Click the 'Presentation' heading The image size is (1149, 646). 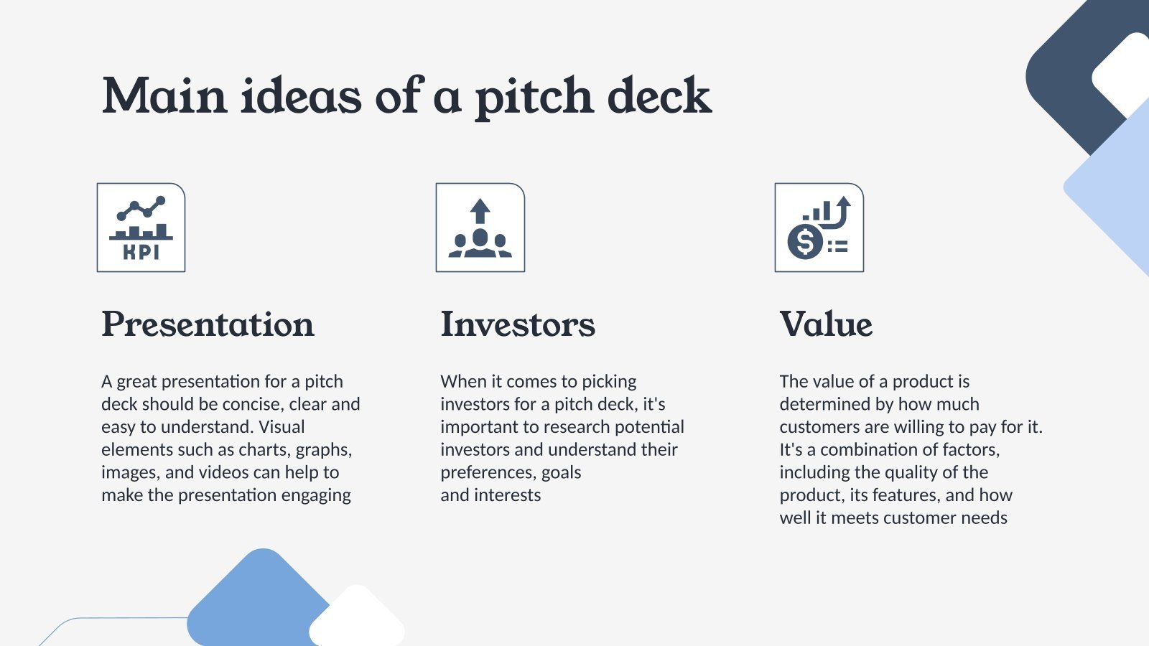pyautogui.click(x=208, y=324)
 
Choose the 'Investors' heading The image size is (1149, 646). pyautogui.click(x=518, y=324)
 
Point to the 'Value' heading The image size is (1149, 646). pyautogui.click(x=826, y=324)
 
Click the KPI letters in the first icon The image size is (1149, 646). pyautogui.click(x=141, y=252)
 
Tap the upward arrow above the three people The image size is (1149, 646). pyautogui.click(x=480, y=212)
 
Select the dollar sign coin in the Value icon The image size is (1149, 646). pyautogui.click(x=805, y=241)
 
